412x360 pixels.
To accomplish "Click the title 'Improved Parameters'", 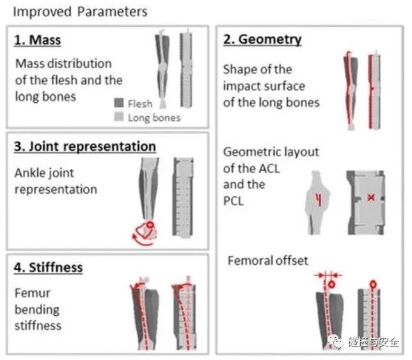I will (x=80, y=12).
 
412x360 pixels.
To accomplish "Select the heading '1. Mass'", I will (x=38, y=40).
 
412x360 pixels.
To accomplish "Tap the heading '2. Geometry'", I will (x=262, y=40).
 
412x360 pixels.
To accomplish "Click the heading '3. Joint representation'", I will (x=85, y=146).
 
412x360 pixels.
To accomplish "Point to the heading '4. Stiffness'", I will (x=49, y=267).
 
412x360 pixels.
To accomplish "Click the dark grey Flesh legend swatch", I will (x=119, y=104).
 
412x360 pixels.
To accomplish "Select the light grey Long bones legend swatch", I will (x=119, y=117).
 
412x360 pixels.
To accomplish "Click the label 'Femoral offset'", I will (x=268, y=260).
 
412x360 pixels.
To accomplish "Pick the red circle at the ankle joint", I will (x=151, y=226).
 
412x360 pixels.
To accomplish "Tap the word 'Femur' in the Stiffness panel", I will (x=32, y=293).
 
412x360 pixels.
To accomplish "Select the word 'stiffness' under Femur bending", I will (x=38, y=325).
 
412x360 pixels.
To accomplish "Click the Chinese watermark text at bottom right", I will (x=373, y=343).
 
